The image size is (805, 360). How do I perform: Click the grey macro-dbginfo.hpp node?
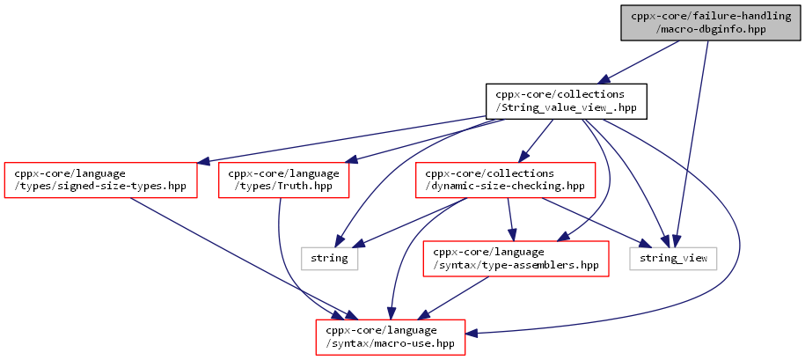point(711,23)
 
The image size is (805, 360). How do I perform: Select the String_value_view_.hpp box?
point(567,101)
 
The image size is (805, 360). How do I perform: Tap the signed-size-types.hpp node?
point(101,180)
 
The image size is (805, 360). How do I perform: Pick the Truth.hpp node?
point(283,180)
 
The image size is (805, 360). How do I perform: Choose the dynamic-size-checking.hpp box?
point(505,180)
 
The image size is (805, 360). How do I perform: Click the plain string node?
point(329,258)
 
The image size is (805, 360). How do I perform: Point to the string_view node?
point(673,258)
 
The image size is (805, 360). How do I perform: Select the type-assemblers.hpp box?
point(516,258)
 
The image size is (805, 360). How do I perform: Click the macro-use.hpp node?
point(390,337)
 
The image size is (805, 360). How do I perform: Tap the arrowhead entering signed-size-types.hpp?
point(204,162)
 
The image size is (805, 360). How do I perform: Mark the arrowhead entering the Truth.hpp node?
point(350,161)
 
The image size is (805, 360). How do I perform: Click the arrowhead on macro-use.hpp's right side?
point(472,334)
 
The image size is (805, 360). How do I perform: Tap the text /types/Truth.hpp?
point(283,186)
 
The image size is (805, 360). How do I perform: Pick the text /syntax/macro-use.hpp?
point(391,343)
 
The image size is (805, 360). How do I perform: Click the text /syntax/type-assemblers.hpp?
point(516,265)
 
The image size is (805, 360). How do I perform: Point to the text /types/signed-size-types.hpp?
point(101,186)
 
